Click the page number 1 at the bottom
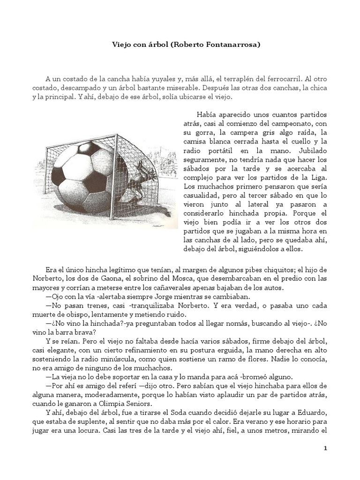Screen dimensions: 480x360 click(x=325, y=449)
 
